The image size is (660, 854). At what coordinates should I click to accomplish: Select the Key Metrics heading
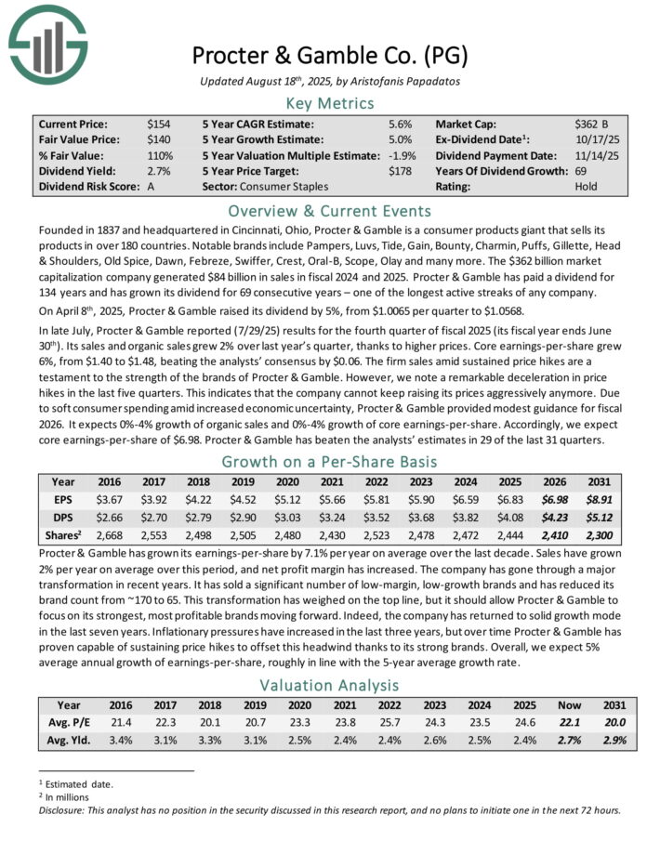[330, 103]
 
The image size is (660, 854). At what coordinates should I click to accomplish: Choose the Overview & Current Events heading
[330, 210]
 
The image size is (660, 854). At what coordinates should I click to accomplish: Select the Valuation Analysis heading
[330, 687]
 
